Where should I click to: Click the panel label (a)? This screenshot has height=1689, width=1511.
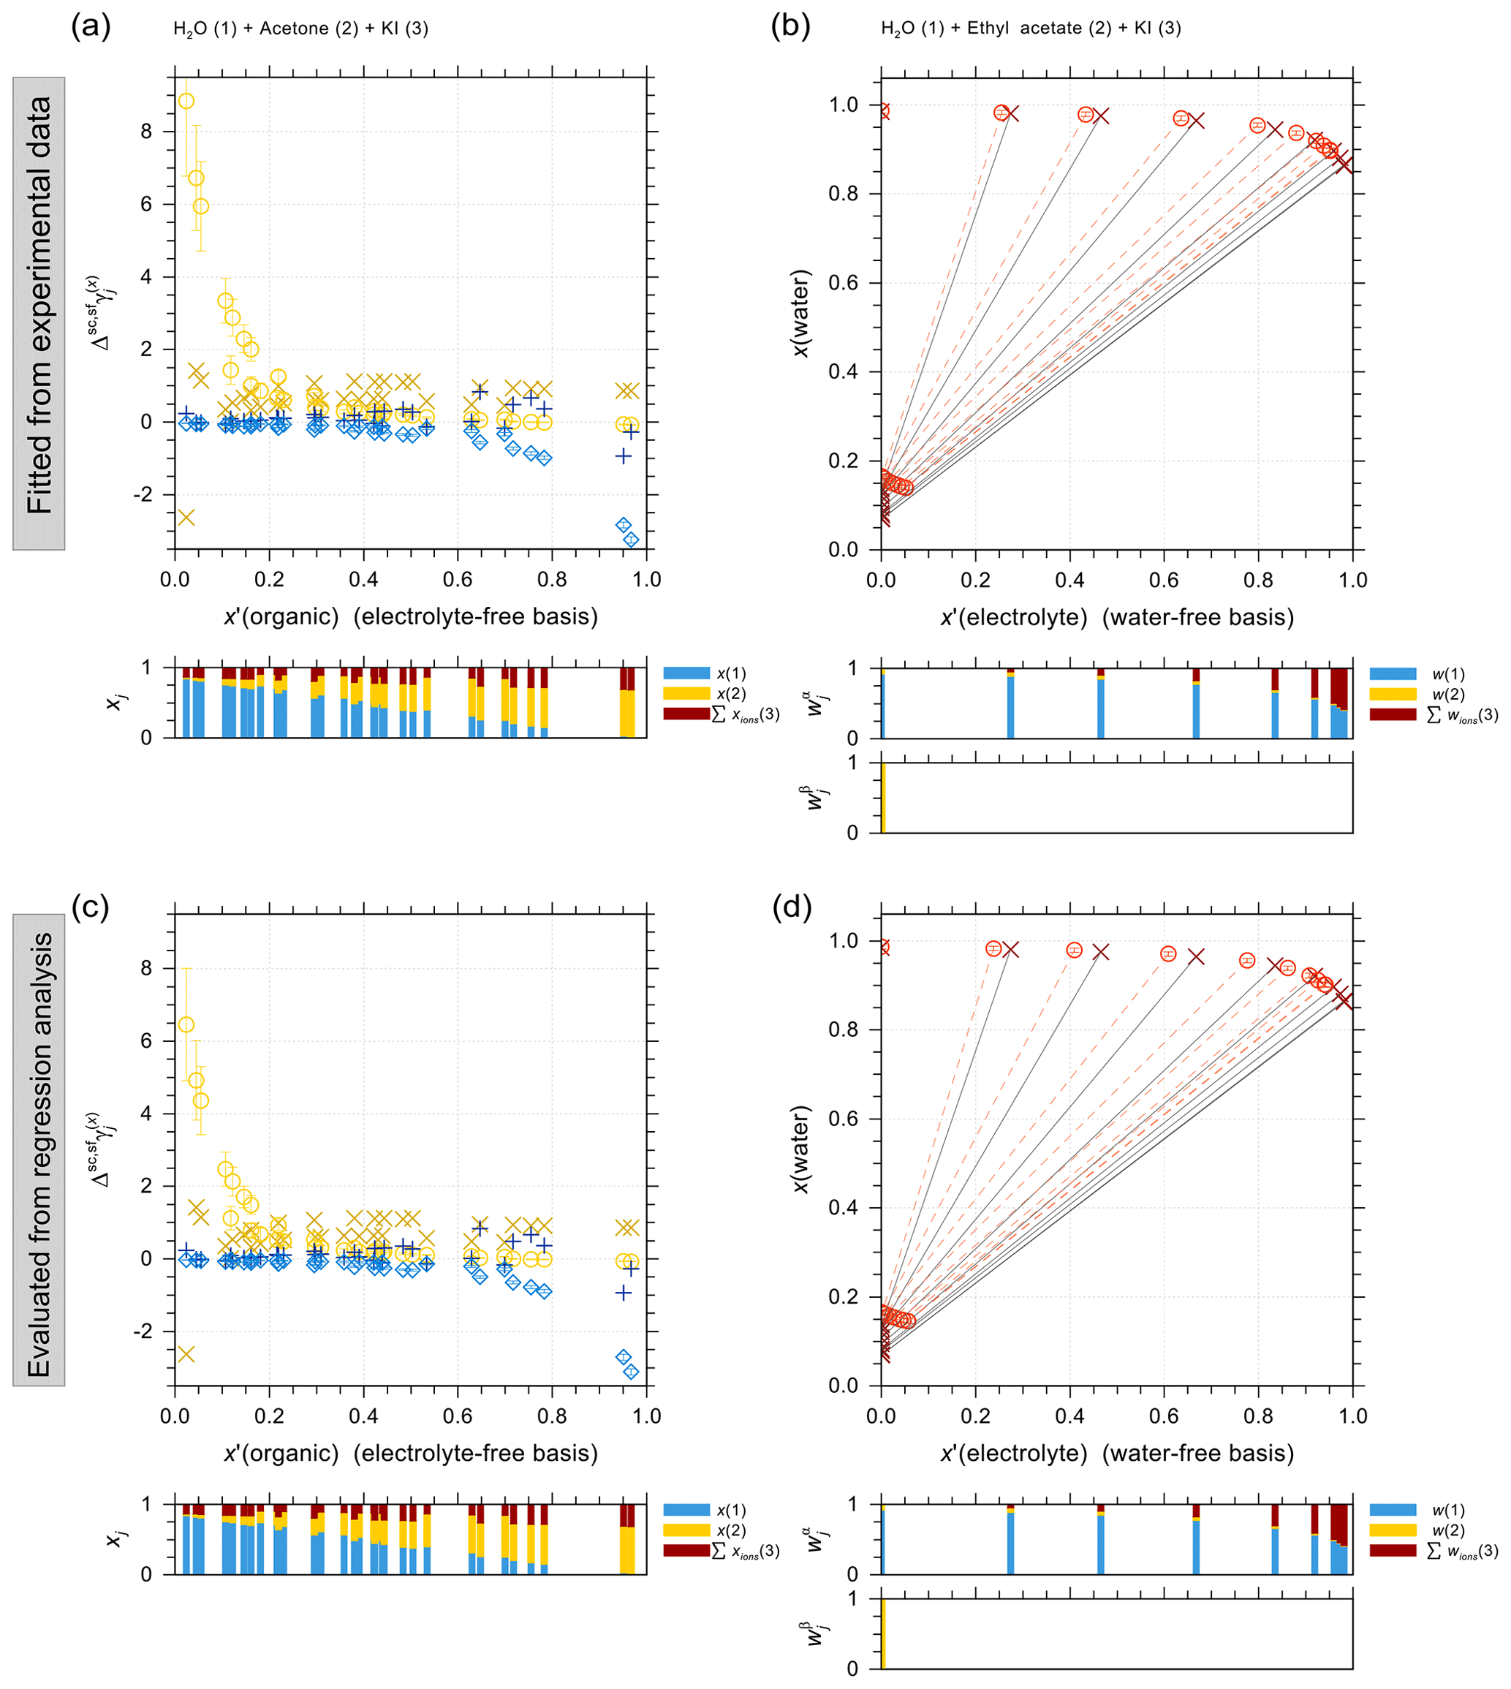point(91,26)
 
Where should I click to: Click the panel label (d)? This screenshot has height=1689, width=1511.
point(791,907)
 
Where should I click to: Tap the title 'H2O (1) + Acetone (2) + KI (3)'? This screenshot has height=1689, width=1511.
point(300,29)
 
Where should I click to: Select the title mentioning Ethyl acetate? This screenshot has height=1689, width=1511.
point(1030,29)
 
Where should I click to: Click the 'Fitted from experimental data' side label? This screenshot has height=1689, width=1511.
point(39,314)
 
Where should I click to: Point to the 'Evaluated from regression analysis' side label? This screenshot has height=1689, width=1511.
point(39,1149)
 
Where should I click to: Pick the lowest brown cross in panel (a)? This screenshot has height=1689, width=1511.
point(185,518)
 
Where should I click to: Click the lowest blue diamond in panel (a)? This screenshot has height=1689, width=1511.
point(631,540)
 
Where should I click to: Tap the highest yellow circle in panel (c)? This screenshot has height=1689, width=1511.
point(186,1024)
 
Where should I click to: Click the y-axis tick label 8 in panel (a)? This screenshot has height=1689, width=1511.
point(147,131)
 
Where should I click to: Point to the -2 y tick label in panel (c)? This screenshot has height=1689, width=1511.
point(143,1331)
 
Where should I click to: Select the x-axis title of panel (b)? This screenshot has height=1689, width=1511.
point(1117,617)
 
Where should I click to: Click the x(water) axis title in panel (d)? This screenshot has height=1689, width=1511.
point(800,1149)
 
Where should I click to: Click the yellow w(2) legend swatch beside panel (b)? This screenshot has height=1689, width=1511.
point(1393,694)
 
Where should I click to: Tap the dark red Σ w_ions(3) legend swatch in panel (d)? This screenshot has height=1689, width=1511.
point(1393,1550)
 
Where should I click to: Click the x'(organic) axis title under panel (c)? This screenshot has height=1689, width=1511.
point(410,1453)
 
